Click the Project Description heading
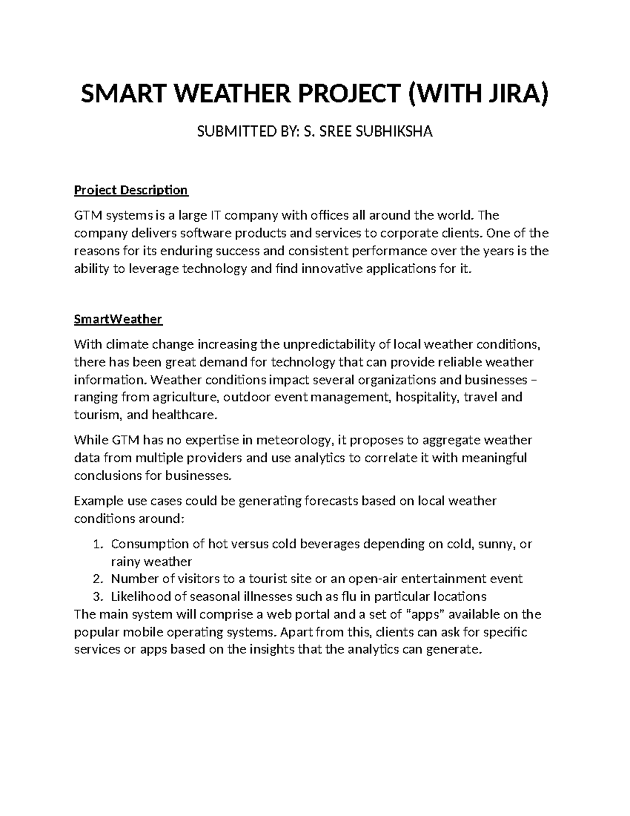click(x=131, y=190)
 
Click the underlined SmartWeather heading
click(x=118, y=319)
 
